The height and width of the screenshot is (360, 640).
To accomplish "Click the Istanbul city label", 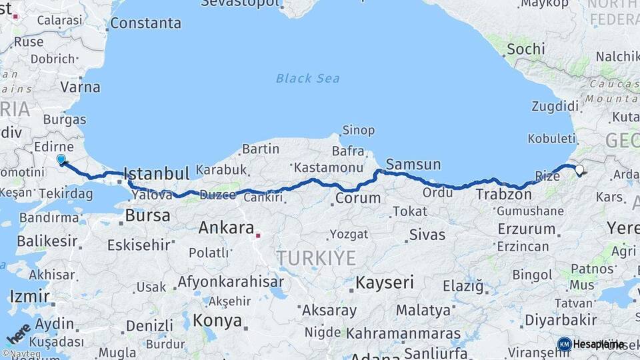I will pos(157,173).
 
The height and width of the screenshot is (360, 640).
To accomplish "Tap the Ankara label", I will pos(226,228).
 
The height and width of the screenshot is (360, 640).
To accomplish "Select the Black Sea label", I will pos(307,79).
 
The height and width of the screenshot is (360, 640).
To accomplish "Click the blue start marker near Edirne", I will pos(61,159).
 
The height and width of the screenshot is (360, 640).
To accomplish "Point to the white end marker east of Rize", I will pos(579,169).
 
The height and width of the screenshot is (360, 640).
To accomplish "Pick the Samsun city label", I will pos(413,164).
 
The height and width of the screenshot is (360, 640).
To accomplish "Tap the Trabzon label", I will pos(504,195).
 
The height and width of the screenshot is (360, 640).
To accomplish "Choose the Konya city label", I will pos(217,321).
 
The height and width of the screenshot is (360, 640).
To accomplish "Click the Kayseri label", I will pos(385,283).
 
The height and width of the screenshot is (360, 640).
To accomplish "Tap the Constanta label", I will pos(145,23).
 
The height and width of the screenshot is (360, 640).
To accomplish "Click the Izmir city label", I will pos(29,296).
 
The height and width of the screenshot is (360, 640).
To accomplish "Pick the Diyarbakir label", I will pos(561,320).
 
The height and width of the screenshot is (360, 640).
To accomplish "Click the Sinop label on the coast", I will pos(358,131).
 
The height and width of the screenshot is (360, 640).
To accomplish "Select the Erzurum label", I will pos(526,229).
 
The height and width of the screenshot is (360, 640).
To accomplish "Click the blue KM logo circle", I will pos(564,344).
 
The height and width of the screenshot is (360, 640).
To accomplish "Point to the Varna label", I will pos(80,87).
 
